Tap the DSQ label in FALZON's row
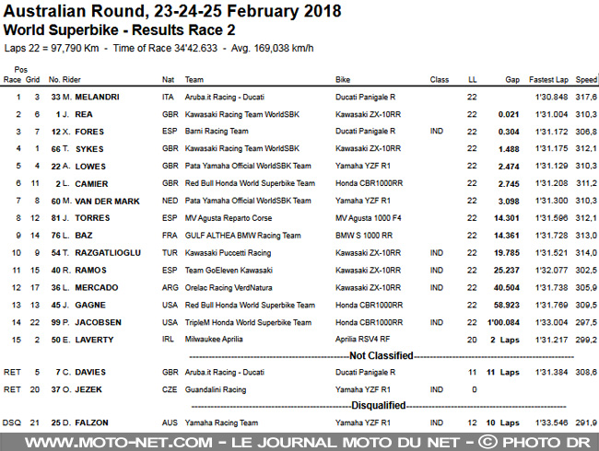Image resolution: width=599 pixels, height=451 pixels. point(12,422)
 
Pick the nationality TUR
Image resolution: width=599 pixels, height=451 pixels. point(169,252)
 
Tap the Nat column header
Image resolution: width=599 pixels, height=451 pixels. point(168,79)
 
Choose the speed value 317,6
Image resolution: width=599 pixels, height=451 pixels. point(586,97)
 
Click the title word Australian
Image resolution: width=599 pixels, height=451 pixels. point(47,12)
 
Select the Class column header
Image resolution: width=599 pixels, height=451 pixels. point(440,79)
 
